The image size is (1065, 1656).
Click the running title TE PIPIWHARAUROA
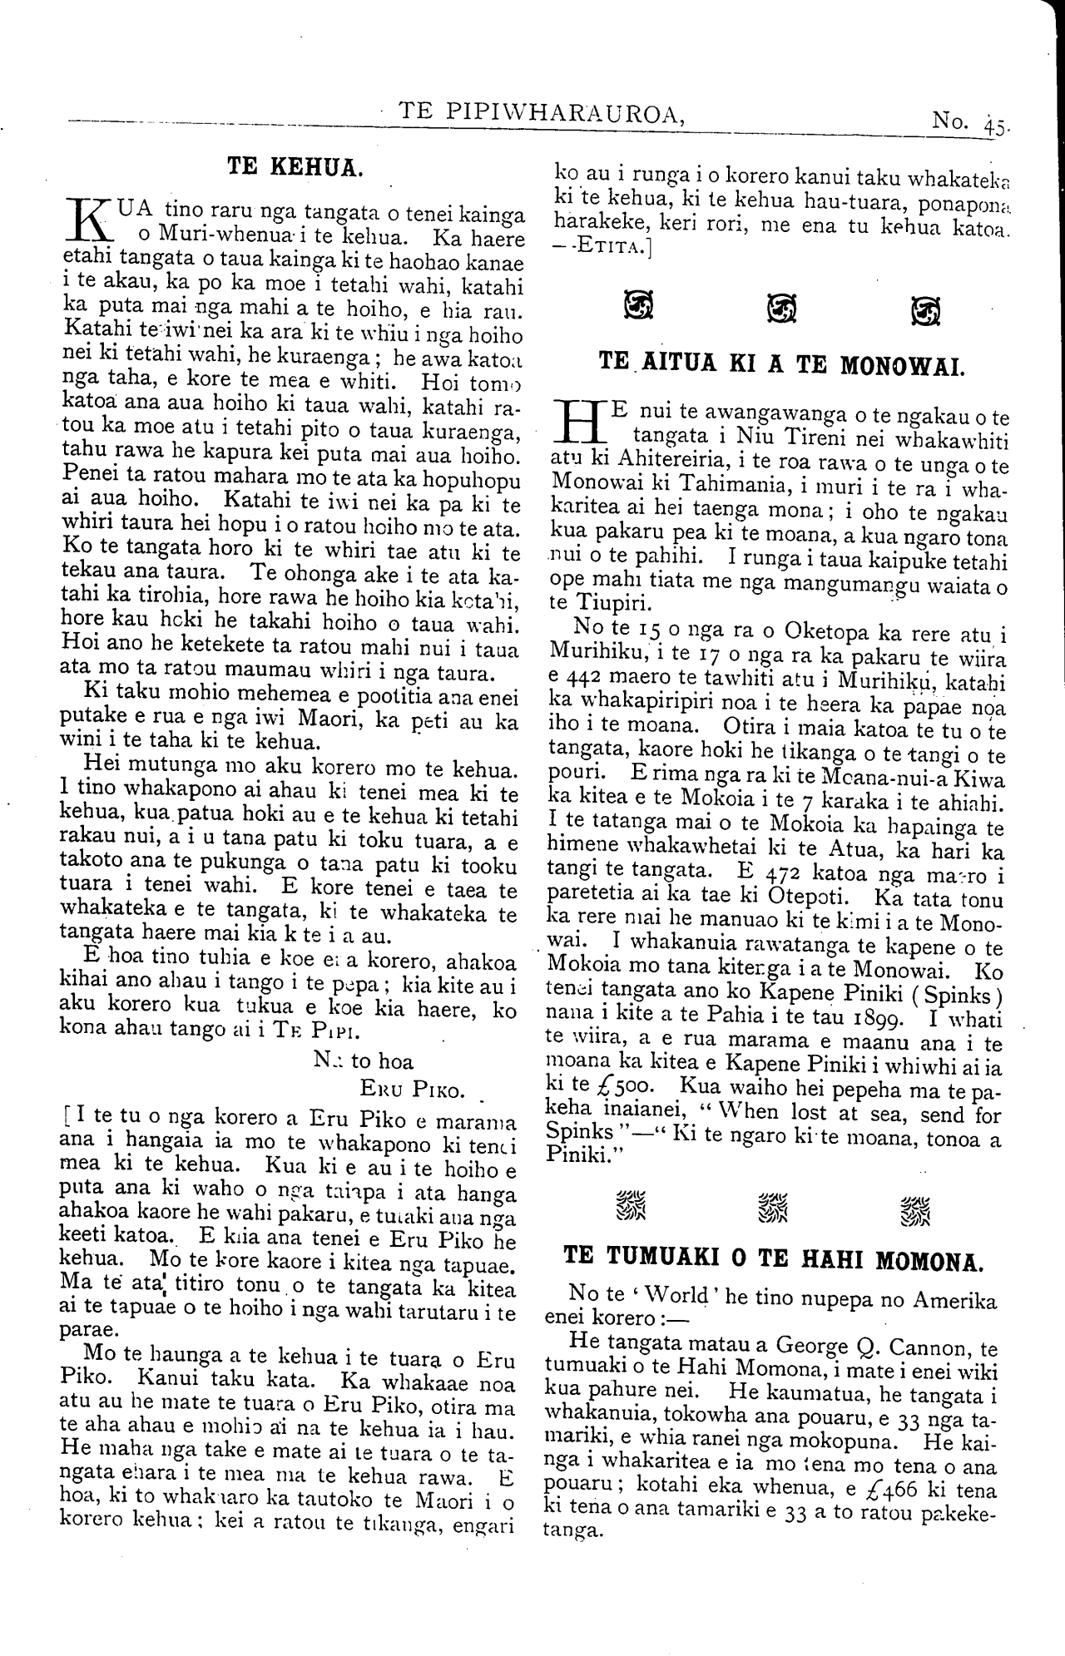click(541, 111)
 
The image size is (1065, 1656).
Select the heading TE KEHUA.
click(295, 167)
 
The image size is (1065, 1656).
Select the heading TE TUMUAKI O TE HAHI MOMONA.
click(774, 1256)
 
